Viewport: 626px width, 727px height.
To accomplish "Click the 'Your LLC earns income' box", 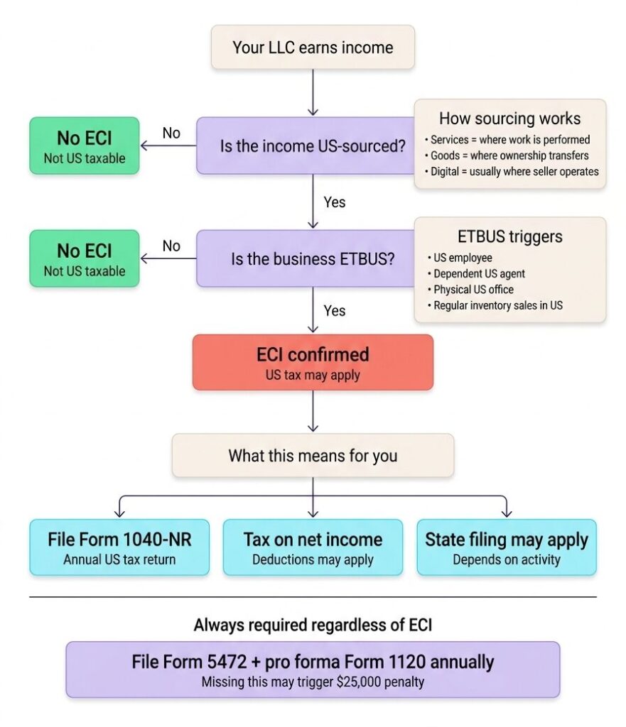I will click(313, 48).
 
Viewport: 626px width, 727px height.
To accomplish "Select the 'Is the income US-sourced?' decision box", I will click(313, 146).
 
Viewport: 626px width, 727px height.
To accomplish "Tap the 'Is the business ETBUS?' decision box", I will click(313, 258).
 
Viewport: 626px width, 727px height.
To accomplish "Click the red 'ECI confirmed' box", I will click(313, 362).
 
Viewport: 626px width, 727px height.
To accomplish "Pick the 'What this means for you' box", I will click(313, 455).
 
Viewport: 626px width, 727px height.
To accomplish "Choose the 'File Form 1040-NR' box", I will click(119, 547).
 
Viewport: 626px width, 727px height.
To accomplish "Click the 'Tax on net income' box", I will click(313, 547).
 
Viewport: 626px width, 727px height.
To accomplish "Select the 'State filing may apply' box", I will click(506, 547).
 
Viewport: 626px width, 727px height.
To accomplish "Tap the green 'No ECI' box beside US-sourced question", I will click(84, 146).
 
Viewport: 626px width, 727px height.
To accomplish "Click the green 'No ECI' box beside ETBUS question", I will click(84, 258).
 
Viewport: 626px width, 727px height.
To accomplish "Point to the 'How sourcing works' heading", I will click(509, 118).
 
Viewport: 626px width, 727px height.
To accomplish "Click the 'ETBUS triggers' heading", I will click(509, 236).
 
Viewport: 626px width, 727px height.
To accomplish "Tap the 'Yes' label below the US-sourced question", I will click(334, 202).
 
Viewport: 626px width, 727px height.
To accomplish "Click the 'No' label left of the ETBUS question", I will click(171, 246).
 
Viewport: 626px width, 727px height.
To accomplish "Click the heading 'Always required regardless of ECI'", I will click(313, 625).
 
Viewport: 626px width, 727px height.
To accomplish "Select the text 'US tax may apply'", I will click(313, 374).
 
